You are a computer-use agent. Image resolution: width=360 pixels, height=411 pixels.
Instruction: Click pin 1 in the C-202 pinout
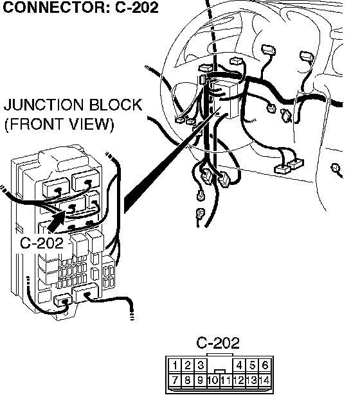pyautogui.click(x=175, y=365)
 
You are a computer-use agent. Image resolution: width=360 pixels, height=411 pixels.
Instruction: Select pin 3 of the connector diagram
pyautogui.click(x=201, y=365)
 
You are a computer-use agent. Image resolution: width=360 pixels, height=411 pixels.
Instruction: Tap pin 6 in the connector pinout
pyautogui.click(x=265, y=365)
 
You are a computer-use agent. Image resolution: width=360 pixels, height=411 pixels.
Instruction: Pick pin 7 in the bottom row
pyautogui.click(x=175, y=380)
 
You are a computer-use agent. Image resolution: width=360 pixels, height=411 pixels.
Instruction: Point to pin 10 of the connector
pyautogui.click(x=213, y=380)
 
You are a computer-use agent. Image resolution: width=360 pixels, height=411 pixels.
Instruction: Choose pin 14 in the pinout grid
pyautogui.click(x=265, y=380)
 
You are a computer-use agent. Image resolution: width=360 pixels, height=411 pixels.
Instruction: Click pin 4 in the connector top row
pyautogui.click(x=239, y=365)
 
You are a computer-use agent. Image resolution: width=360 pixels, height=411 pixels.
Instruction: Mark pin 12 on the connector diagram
pyautogui.click(x=239, y=380)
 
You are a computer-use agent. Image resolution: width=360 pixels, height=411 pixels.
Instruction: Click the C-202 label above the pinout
pyautogui.click(x=218, y=342)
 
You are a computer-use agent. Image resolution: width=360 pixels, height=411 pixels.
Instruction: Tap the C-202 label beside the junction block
pyautogui.click(x=42, y=243)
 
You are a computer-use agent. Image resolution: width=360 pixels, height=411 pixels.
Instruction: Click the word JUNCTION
pyautogui.click(x=44, y=105)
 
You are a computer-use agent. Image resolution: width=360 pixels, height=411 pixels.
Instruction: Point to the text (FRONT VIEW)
pyautogui.click(x=59, y=124)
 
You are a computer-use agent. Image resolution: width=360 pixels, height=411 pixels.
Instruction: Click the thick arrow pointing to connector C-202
pyautogui.click(x=57, y=221)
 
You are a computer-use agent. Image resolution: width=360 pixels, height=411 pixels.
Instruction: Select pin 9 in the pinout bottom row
pyautogui.click(x=201, y=380)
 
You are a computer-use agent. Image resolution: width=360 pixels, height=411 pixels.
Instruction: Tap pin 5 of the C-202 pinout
pyautogui.click(x=253, y=365)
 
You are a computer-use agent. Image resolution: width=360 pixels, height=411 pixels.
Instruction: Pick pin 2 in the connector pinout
pyautogui.click(x=188, y=365)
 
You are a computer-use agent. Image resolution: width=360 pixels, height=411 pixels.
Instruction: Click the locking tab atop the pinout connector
pyautogui.click(x=220, y=354)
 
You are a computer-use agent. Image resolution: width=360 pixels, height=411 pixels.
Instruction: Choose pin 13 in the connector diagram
pyautogui.click(x=253, y=380)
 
